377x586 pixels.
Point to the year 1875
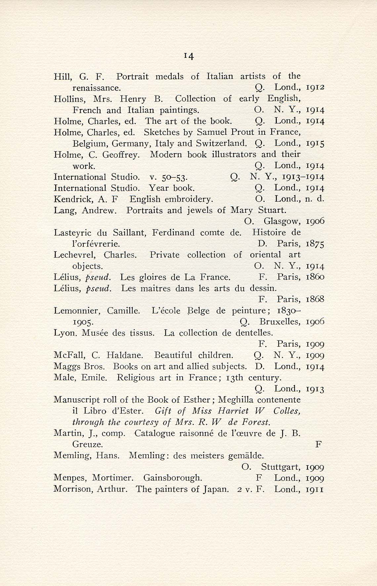pyautogui.click(x=315, y=244)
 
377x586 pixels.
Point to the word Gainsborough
pyautogui.click(x=173, y=478)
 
